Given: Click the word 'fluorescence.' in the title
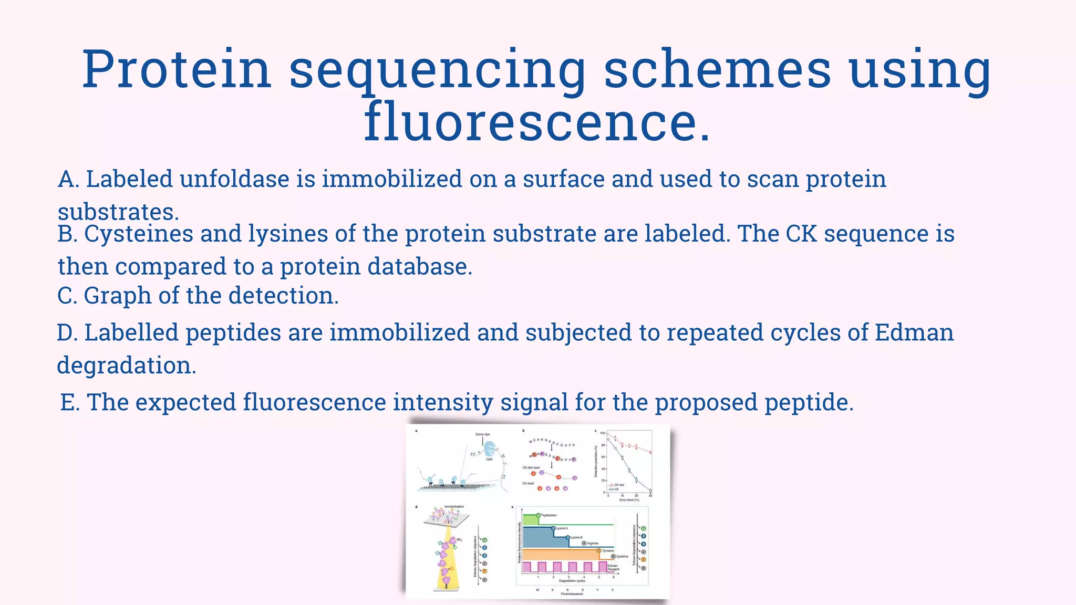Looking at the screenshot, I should click(537, 122).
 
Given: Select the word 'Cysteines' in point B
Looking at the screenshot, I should click(138, 234).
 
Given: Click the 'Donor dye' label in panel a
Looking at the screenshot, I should click(482, 434).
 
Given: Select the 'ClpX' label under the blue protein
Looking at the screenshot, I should click(489, 460).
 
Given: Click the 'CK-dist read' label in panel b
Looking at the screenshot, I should click(531, 467).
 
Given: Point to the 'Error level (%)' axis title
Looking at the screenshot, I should click(629, 500).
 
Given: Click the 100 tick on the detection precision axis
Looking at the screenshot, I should click(603, 433).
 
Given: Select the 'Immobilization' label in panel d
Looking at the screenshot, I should click(454, 507).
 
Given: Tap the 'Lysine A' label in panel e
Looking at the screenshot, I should click(562, 528).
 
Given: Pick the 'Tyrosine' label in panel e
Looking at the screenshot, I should click(607, 551).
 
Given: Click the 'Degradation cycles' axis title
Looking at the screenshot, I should click(572, 581).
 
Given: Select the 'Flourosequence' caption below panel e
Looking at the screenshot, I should click(572, 594).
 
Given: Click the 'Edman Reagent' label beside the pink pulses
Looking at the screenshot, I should click(613, 568).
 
